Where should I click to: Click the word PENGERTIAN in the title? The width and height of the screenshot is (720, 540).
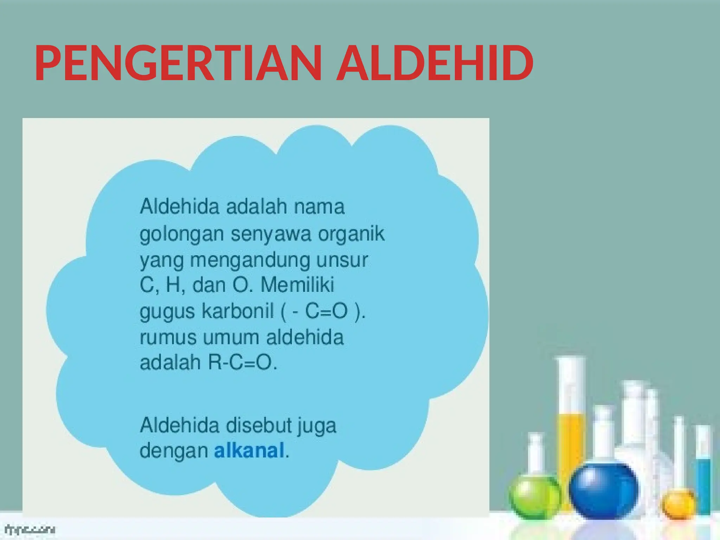[178, 63]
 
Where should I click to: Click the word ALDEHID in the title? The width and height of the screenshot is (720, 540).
[435, 63]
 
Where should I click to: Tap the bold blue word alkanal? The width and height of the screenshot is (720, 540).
[249, 450]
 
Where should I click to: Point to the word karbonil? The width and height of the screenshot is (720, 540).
[238, 311]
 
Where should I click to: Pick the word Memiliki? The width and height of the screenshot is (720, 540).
[297, 285]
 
